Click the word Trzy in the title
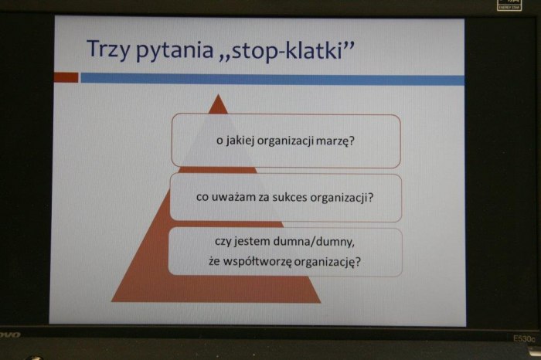click(108, 49)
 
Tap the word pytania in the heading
click(175, 51)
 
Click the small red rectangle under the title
click(66, 77)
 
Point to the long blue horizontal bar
click(273, 80)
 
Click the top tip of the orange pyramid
click(218, 94)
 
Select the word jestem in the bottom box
click(251, 241)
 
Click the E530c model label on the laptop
click(524, 338)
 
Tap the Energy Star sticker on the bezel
click(509, 5)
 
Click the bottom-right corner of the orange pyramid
click(321, 303)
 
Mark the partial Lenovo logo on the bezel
click(10, 335)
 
